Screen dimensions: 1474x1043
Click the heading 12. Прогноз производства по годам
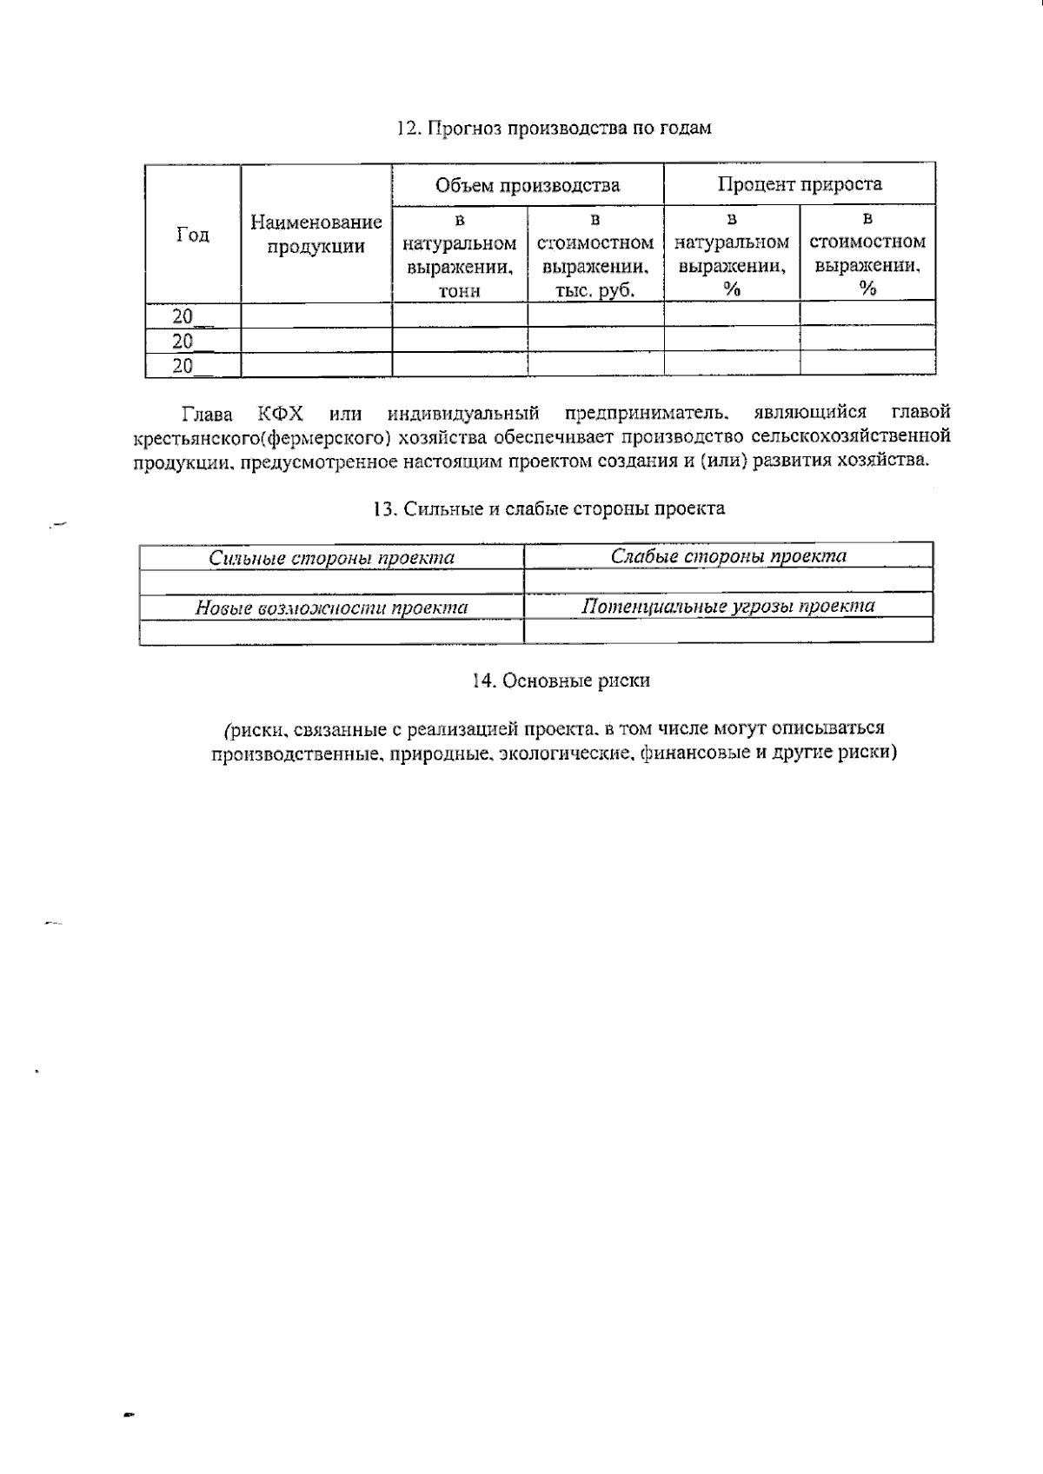pyautogui.click(x=554, y=129)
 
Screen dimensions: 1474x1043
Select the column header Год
pyautogui.click(x=192, y=235)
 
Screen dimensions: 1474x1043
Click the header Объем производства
pyautogui.click(x=528, y=185)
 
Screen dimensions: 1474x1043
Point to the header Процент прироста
pyautogui.click(x=799, y=184)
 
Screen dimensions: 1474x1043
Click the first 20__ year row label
pyautogui.click(x=183, y=315)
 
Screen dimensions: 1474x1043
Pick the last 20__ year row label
pyautogui.click(x=183, y=366)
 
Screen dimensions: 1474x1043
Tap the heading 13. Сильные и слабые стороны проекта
pyautogui.click(x=548, y=509)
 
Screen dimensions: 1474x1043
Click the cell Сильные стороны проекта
pyautogui.click(x=331, y=558)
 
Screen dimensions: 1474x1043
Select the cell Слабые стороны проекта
pyautogui.click(x=728, y=556)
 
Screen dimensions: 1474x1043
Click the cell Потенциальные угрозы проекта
pyautogui.click(x=728, y=606)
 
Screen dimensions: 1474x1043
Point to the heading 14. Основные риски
pyautogui.click(x=561, y=681)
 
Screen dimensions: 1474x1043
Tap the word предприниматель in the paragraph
pyautogui.click(x=646, y=412)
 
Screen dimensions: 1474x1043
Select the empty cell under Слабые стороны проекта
pyautogui.click(x=728, y=581)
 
